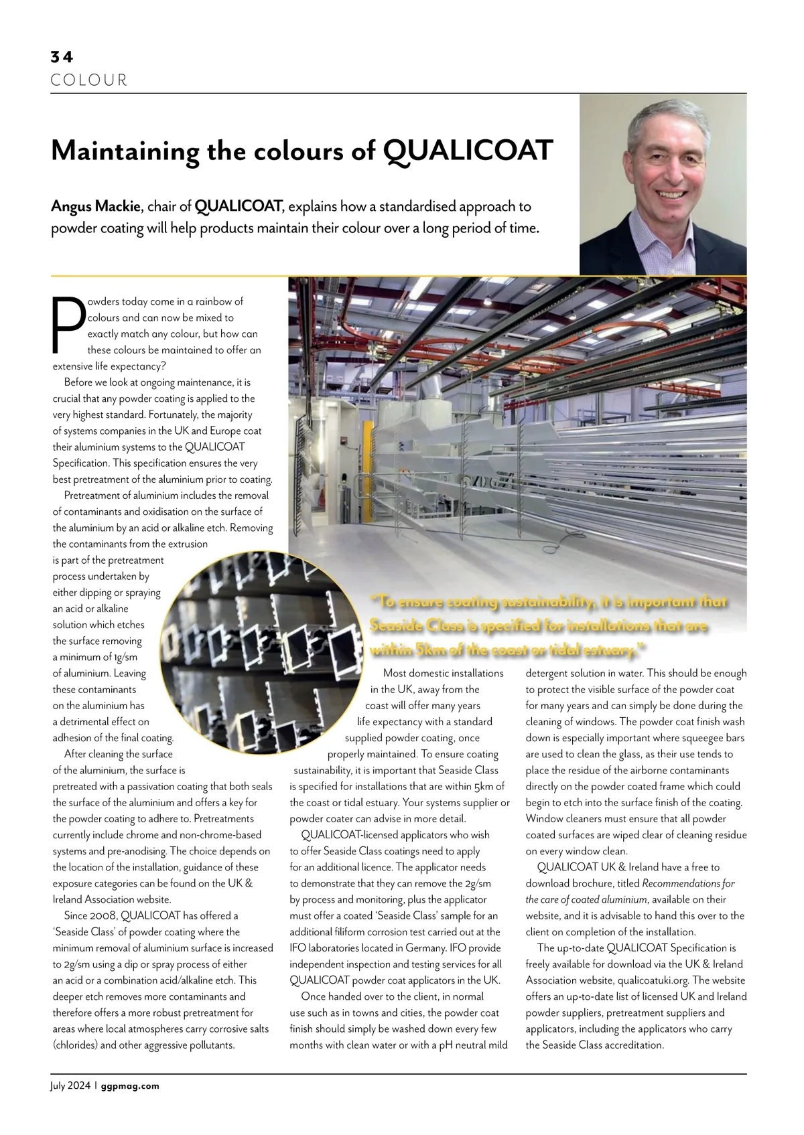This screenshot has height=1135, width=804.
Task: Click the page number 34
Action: pyautogui.click(x=62, y=58)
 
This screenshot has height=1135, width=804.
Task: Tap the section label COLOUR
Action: pyautogui.click(x=89, y=81)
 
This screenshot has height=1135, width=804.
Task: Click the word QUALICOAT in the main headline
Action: pyautogui.click(x=469, y=151)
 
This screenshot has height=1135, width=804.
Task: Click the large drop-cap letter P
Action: pyautogui.click(x=67, y=325)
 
